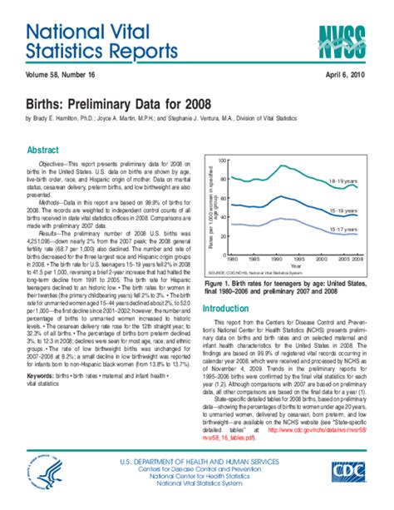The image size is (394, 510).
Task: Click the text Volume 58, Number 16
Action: coord(51,75)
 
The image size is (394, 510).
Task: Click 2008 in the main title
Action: coord(192,104)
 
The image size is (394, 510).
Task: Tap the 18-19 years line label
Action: coord(345,180)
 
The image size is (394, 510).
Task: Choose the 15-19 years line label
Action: coord(345,210)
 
